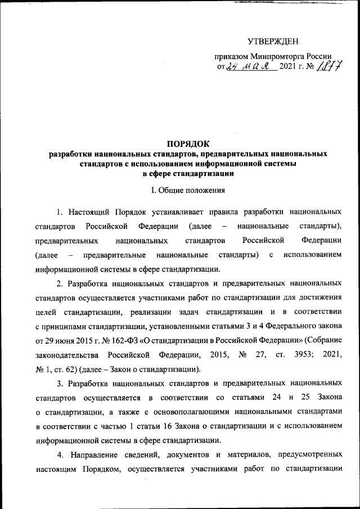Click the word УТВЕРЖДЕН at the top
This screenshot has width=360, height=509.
tap(273, 41)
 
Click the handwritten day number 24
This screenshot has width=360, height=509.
tap(232, 68)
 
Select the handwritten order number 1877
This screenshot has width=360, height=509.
tap(330, 68)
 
